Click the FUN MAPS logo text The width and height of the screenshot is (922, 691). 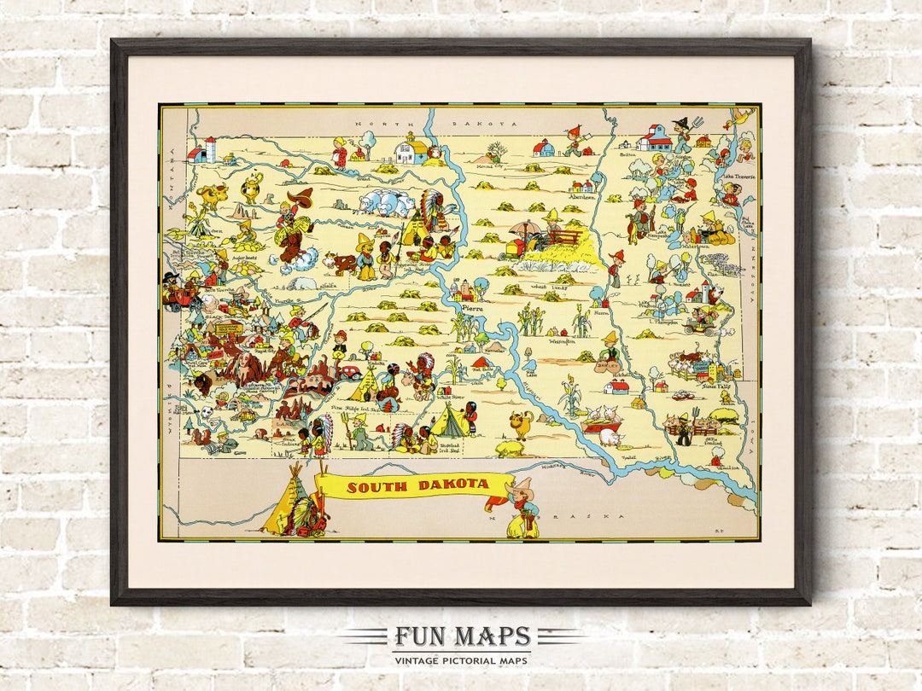pyautogui.click(x=462, y=636)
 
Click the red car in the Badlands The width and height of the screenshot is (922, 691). pyautogui.click(x=348, y=373)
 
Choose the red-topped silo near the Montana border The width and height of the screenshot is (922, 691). pyautogui.click(x=210, y=148)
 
